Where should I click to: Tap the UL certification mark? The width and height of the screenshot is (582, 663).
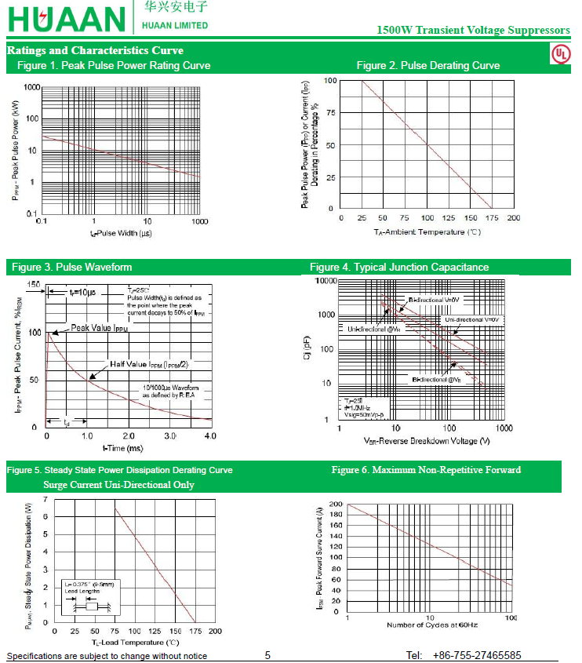tap(560, 53)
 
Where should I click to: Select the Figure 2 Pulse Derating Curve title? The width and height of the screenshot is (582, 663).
tap(427, 65)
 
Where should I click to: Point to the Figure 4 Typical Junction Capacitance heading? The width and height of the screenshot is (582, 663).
tap(398, 268)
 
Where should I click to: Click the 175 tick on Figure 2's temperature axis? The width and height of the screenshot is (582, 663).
tap(492, 218)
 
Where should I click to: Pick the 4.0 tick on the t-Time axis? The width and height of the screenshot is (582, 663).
tap(210, 435)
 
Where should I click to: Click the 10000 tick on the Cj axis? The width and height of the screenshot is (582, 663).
tap(323, 281)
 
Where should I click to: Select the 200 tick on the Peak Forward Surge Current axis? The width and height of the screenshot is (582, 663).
tap(335, 504)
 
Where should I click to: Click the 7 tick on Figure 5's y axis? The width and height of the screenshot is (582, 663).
tap(45, 499)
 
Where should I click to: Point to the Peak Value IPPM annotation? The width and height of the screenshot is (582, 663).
tap(99, 328)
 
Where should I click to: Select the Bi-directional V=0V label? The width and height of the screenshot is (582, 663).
tap(434, 300)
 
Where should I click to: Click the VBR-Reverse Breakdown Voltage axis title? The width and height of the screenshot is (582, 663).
tap(427, 441)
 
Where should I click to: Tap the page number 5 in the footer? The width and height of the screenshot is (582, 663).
tap(267, 655)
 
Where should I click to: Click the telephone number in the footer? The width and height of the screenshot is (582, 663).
tap(476, 655)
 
